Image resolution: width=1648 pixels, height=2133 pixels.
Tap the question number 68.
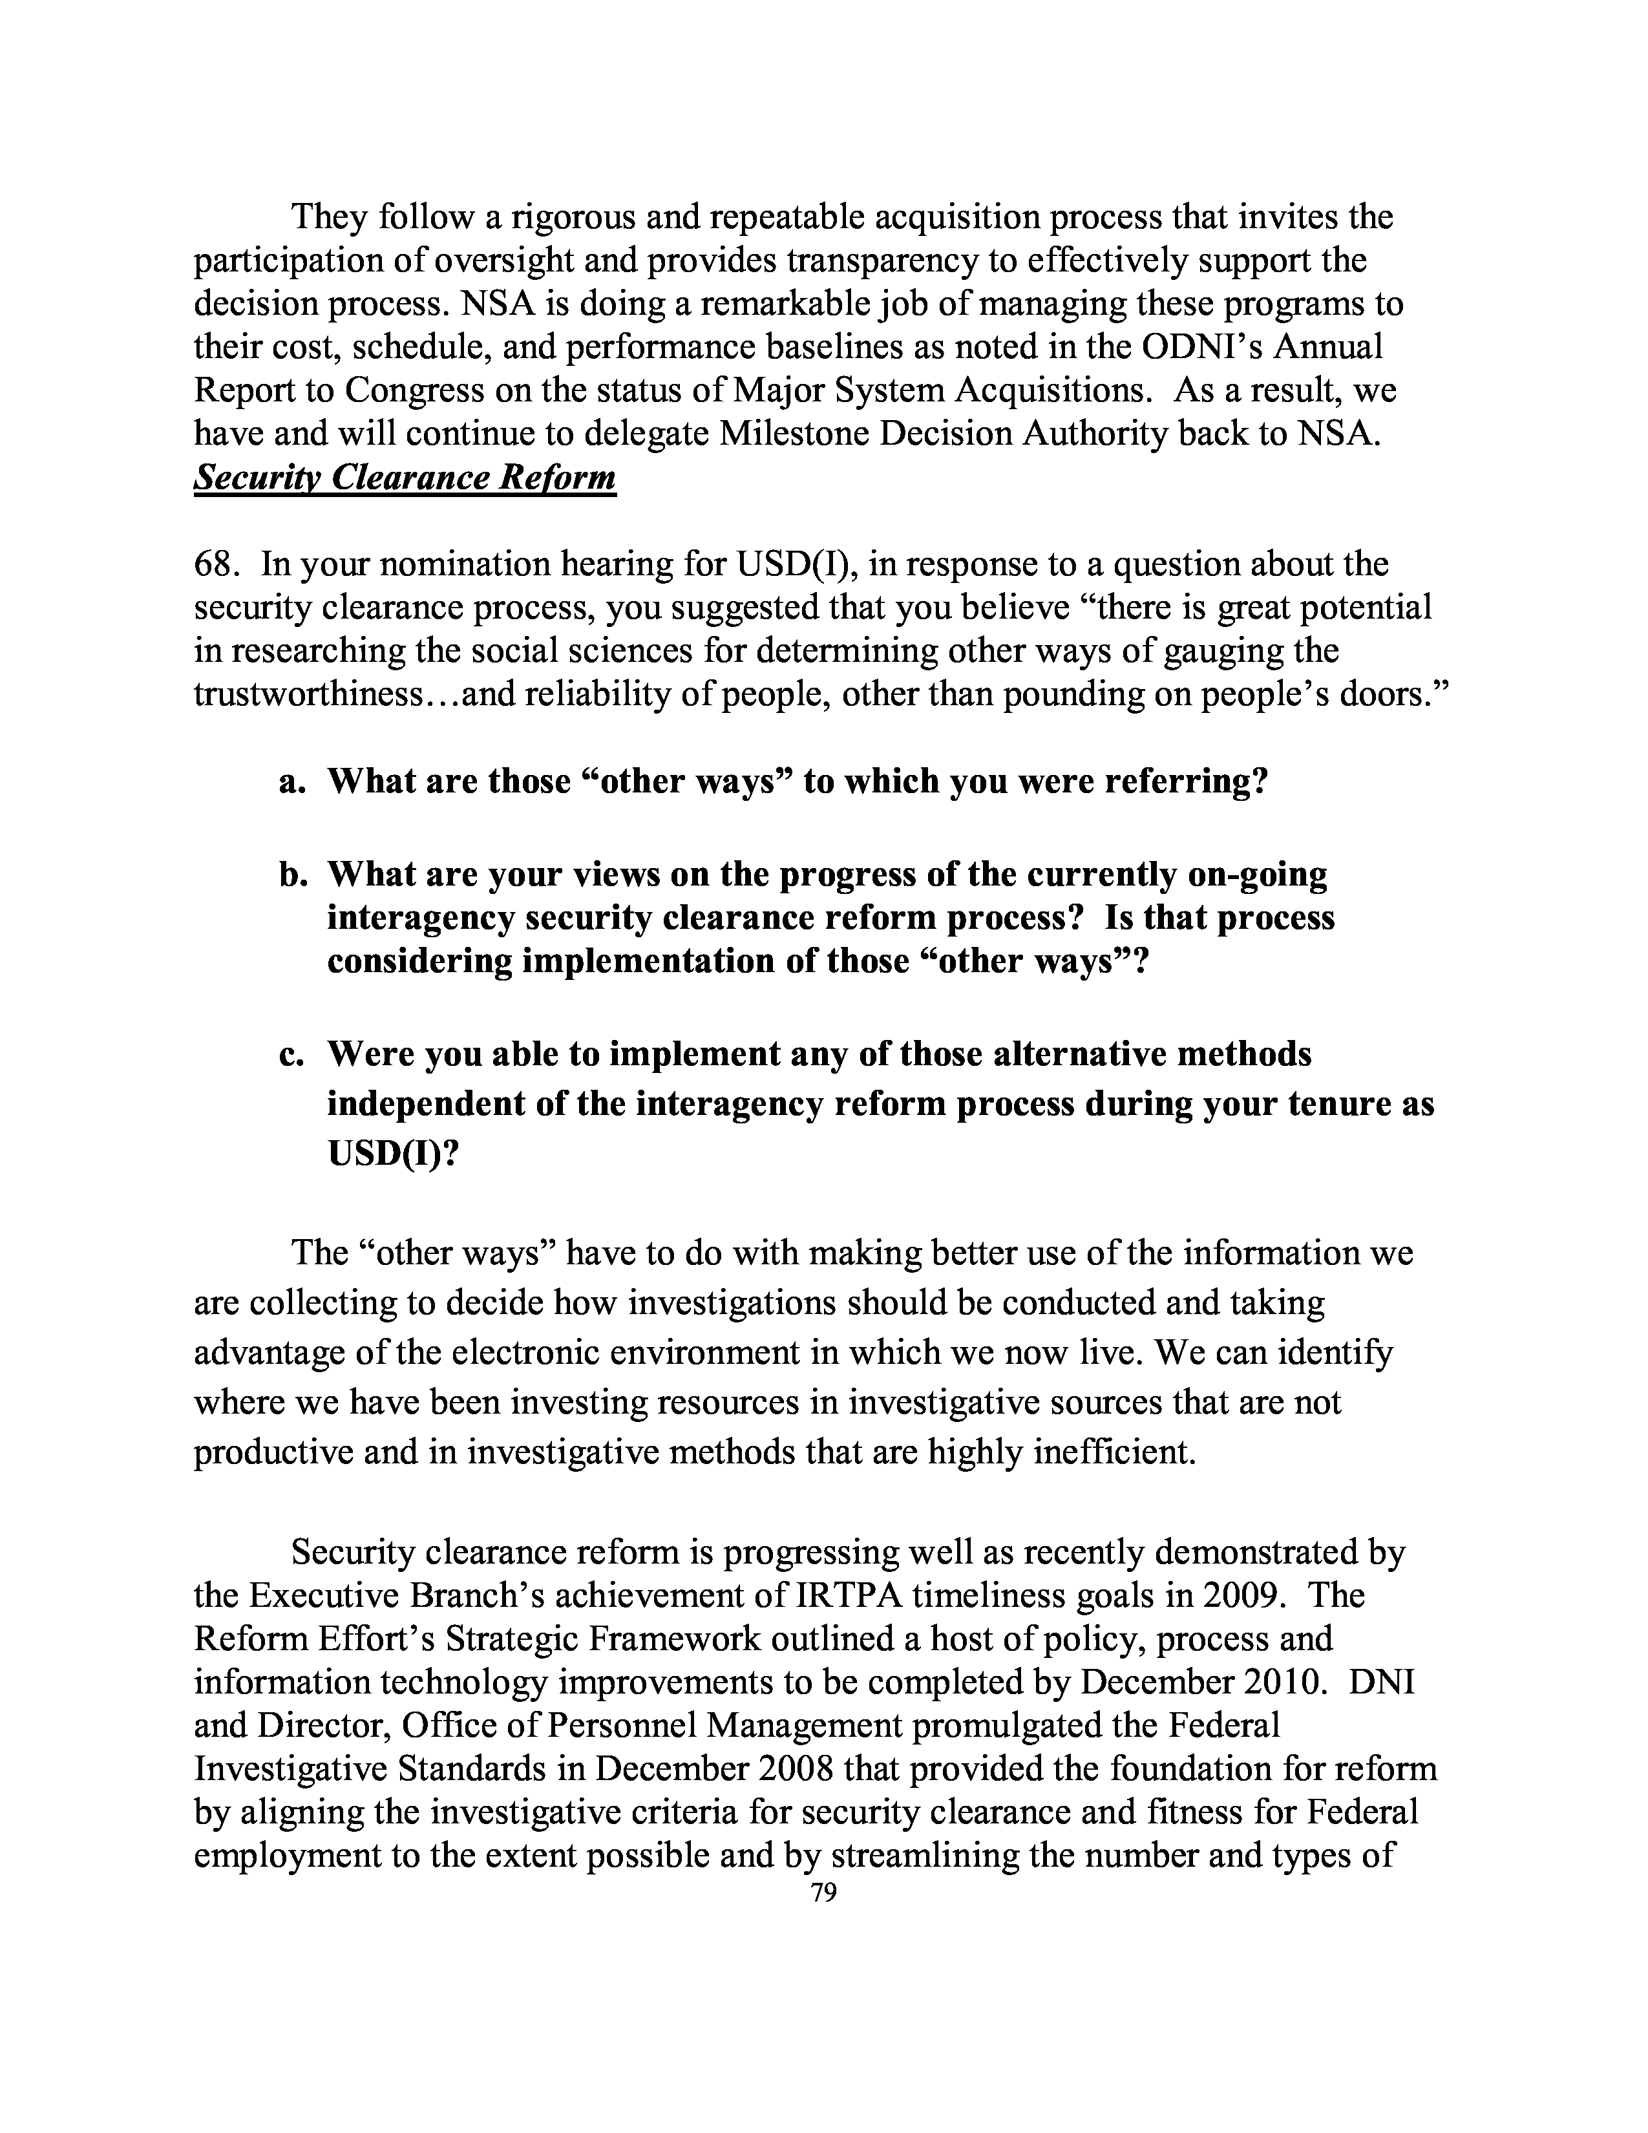[217, 564]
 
